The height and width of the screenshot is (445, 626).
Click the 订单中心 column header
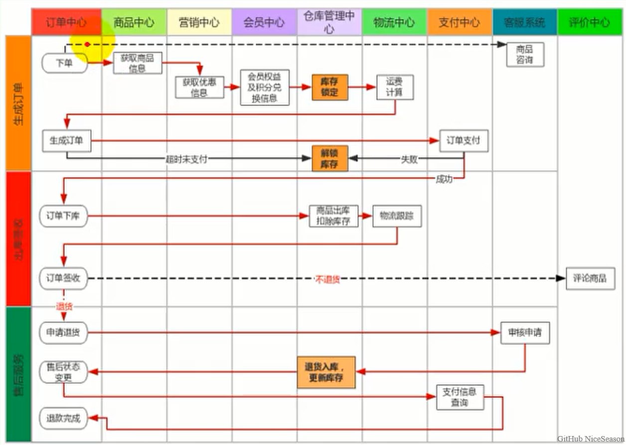(x=66, y=22)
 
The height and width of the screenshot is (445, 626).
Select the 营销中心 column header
(x=199, y=22)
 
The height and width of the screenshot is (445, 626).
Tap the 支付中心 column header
(x=460, y=22)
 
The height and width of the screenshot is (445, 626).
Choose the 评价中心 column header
(x=590, y=22)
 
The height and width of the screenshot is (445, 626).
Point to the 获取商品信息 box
(x=138, y=63)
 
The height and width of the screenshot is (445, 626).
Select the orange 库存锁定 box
(x=329, y=87)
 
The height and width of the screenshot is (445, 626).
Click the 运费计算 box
(x=395, y=87)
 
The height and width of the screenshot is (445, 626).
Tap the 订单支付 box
(x=464, y=141)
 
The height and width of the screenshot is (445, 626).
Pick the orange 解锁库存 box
(x=329, y=158)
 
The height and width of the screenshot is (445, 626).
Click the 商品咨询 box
(x=525, y=54)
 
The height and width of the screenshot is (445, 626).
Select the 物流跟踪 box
(x=397, y=216)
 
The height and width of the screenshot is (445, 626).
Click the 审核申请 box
(x=525, y=333)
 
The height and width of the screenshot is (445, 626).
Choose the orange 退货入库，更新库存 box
(x=327, y=372)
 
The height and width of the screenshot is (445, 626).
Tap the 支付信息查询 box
(x=460, y=397)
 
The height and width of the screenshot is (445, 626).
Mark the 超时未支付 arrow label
(x=186, y=159)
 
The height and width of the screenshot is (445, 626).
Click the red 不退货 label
(x=327, y=279)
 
